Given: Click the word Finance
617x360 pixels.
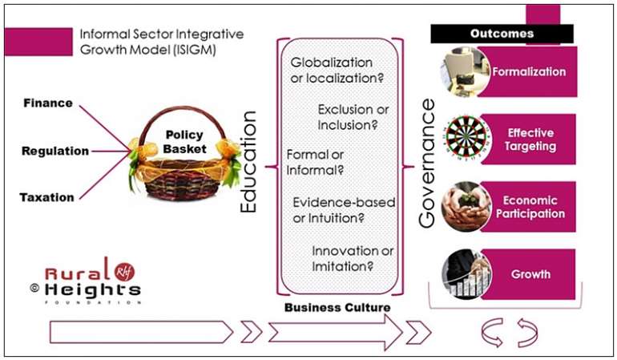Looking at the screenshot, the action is [48, 103].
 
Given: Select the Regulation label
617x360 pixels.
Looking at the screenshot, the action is [55, 151].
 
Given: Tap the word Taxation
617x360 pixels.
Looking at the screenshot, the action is [46, 197].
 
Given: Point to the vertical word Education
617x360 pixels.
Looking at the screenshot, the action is [248, 162].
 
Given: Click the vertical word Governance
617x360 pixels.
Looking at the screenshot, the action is [427, 163].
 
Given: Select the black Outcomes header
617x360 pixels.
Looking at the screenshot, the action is [502, 34].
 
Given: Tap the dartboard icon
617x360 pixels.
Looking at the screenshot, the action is [466, 139].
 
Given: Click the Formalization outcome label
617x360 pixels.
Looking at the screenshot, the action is [529, 71].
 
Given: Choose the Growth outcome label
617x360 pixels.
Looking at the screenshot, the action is [530, 274].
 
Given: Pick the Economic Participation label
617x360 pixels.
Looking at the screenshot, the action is [530, 207].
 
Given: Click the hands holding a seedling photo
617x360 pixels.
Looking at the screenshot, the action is [466, 206].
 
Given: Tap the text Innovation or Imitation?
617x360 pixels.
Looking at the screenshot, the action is [353, 259].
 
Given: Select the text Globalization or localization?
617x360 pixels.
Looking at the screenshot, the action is [337, 70].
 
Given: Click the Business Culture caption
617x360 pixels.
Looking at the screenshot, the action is [337, 308].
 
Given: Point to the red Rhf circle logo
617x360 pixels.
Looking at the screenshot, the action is [125, 271].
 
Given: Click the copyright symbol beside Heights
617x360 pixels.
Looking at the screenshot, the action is [34, 288].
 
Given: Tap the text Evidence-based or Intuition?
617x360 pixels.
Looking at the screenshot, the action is [344, 210].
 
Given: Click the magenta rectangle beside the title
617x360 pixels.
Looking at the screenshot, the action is [38, 42].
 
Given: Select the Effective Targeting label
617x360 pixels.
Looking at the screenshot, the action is [530, 140].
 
